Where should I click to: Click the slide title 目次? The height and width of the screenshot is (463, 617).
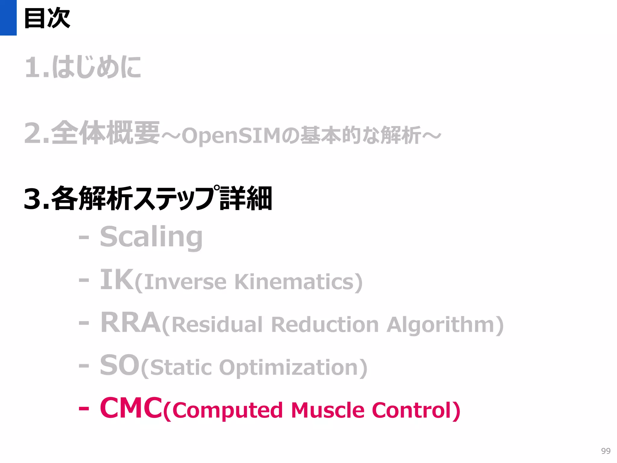[47, 18]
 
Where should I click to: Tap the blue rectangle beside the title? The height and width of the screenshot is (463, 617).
[8, 17]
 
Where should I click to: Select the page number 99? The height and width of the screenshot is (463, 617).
[606, 451]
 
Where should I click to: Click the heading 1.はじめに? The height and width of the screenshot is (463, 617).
[83, 67]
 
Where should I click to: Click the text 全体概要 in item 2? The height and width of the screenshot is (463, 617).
[105, 133]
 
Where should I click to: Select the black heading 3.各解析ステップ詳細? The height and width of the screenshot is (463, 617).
[148, 198]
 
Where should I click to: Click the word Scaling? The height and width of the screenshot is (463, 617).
[151, 237]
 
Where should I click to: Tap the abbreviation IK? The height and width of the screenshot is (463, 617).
[116, 280]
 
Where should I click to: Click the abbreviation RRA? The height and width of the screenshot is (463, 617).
[130, 323]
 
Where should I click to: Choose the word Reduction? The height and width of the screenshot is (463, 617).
[325, 325]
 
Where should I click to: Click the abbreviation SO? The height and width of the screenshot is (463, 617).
[120, 365]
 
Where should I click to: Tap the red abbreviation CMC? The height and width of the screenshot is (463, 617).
[131, 408]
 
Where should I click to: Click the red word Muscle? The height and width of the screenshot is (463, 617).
[327, 410]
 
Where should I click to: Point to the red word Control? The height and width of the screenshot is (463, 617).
[412, 410]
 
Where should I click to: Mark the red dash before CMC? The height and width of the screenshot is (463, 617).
[84, 409]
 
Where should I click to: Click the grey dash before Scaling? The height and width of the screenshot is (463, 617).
[84, 238]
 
